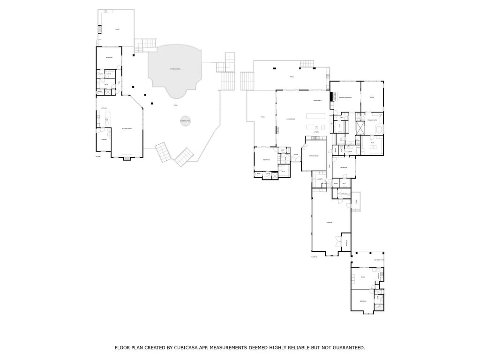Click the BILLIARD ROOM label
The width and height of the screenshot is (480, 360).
(126, 128)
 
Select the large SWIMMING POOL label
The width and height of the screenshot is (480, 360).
(173, 68)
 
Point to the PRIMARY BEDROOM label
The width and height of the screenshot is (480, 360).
(345, 97)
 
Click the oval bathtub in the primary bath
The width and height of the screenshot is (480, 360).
(378, 129)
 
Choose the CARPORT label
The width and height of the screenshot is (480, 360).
(329, 223)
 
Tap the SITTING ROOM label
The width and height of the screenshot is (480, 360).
(314, 156)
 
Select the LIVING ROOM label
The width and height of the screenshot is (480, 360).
(291, 119)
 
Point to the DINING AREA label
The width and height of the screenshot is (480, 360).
(317, 100)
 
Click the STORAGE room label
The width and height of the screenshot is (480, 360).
(344, 194)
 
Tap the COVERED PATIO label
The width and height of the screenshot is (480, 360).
(379, 260)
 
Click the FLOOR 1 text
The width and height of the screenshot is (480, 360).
(98, 156)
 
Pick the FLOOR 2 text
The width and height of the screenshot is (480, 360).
(314, 257)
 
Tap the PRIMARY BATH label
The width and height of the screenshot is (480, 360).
(373, 120)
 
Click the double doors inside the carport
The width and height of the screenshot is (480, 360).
(337, 241)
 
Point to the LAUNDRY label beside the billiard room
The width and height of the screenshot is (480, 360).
(104, 140)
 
